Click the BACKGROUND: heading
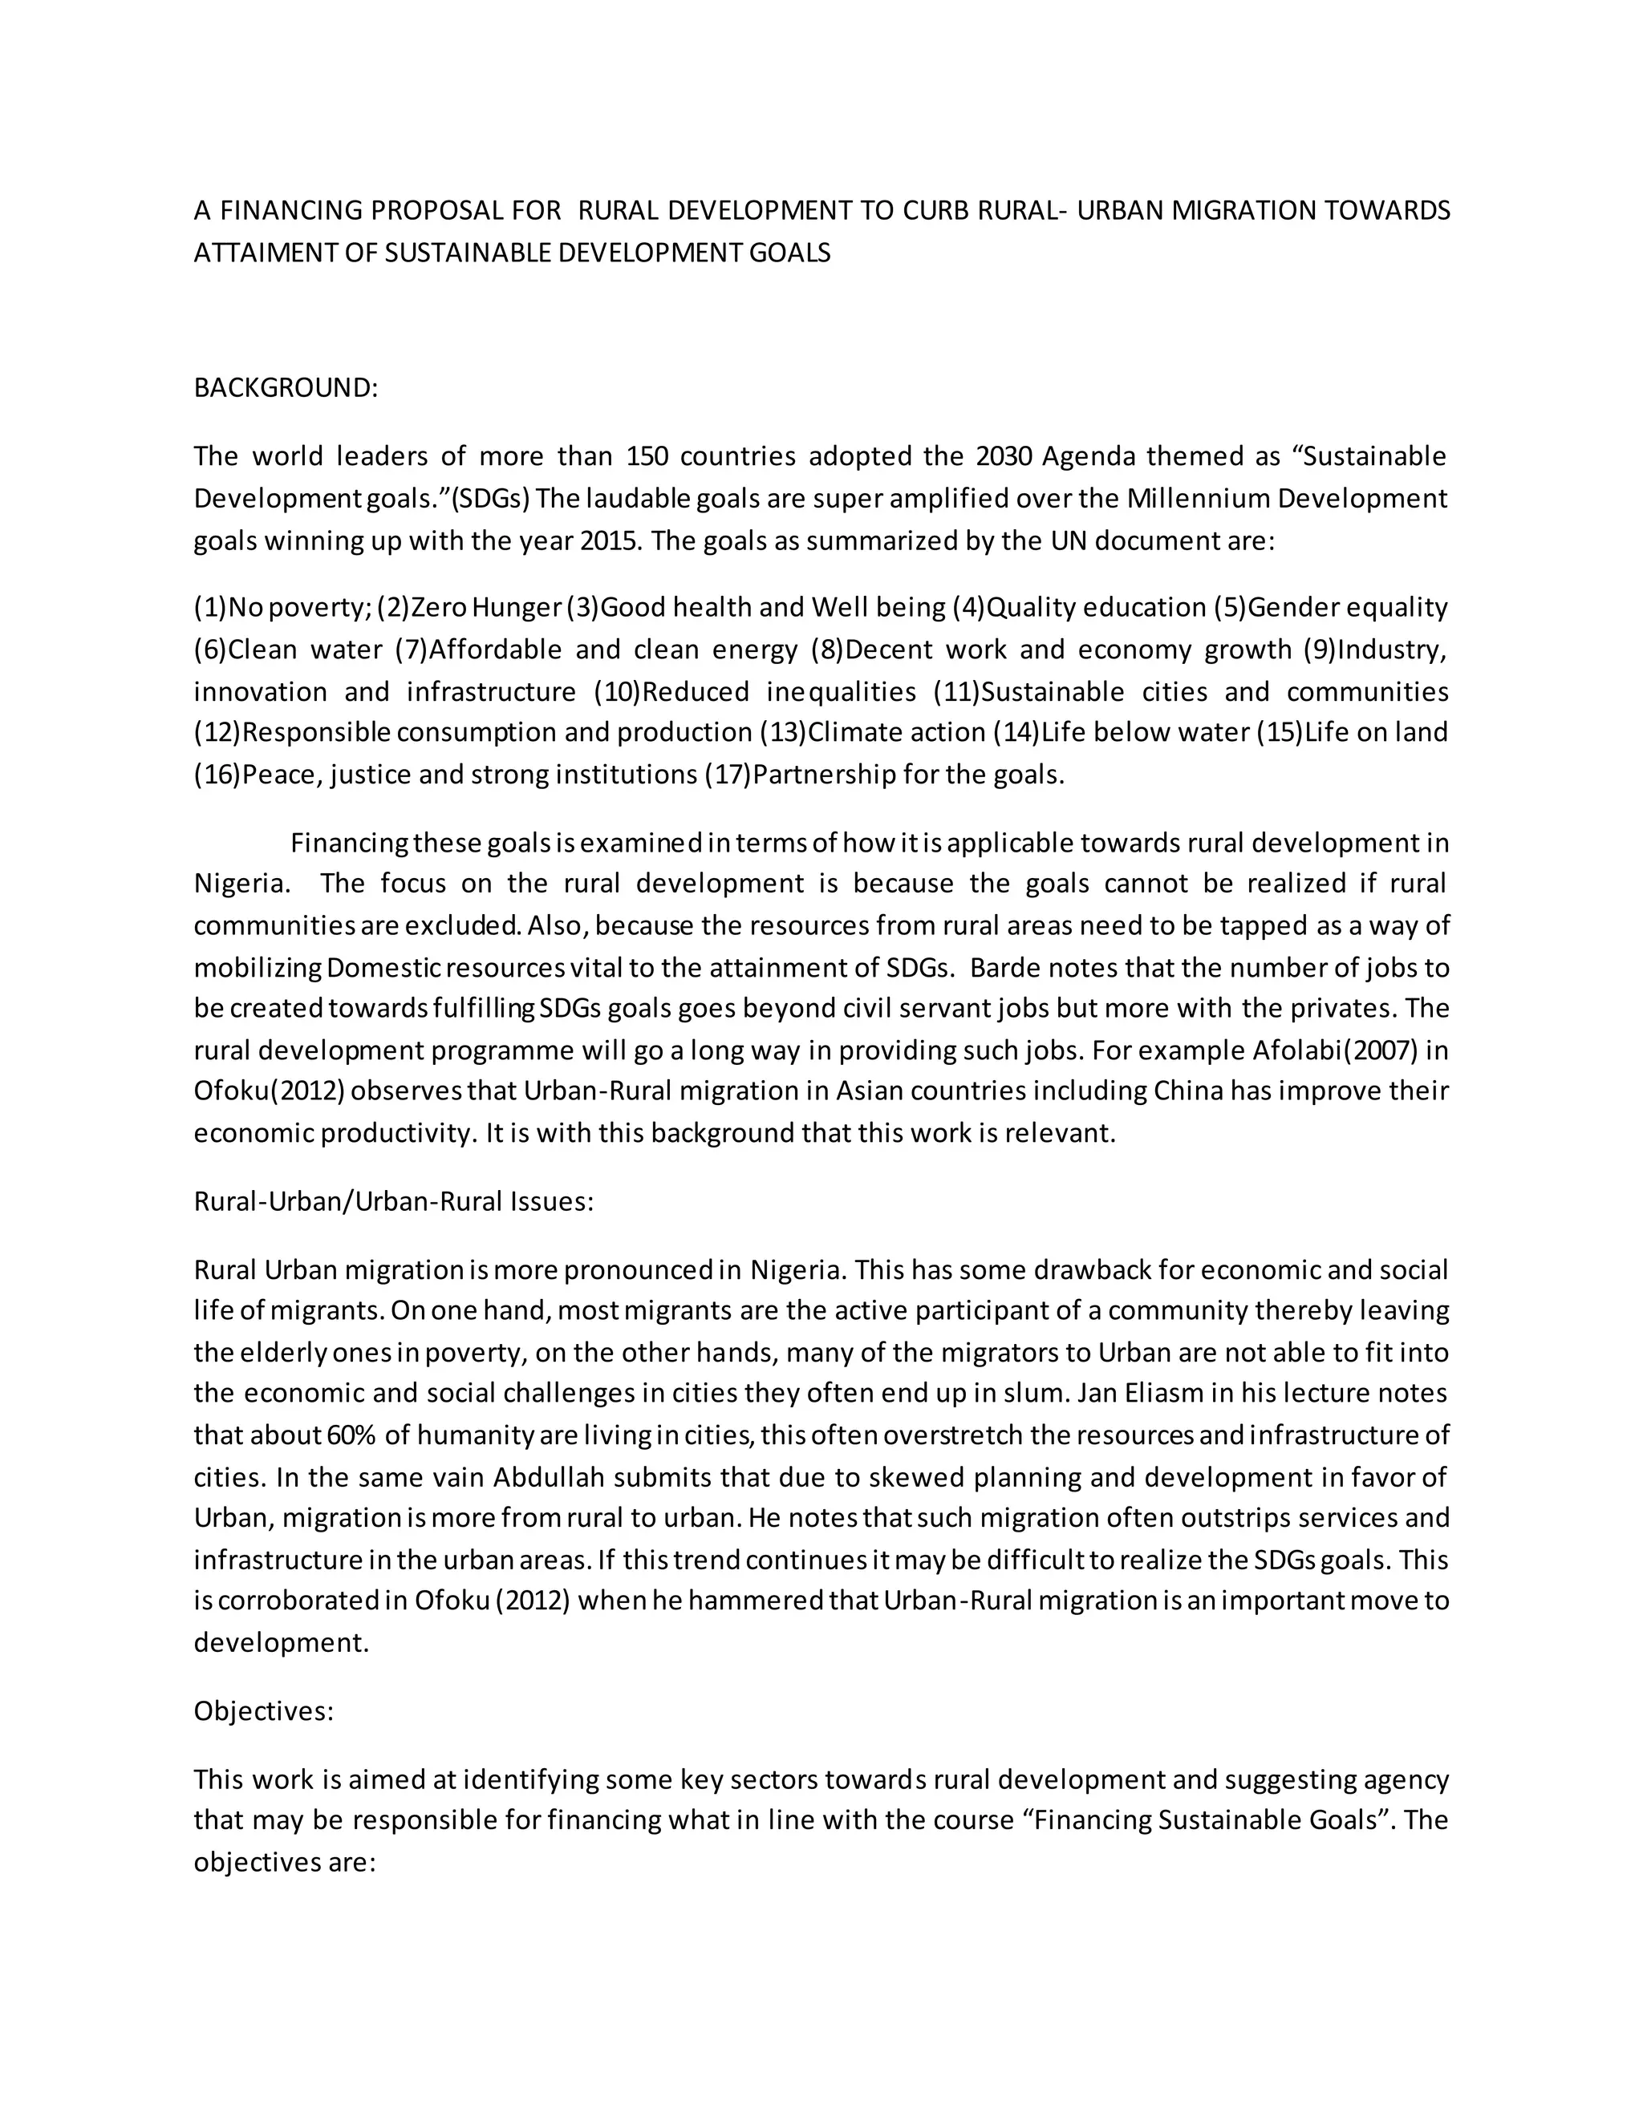(285, 388)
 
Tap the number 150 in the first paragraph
(644, 456)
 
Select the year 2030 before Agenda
(1004, 456)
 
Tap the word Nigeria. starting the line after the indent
(241, 884)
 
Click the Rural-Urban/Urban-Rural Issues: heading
(393, 1202)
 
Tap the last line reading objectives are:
(284, 1862)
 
